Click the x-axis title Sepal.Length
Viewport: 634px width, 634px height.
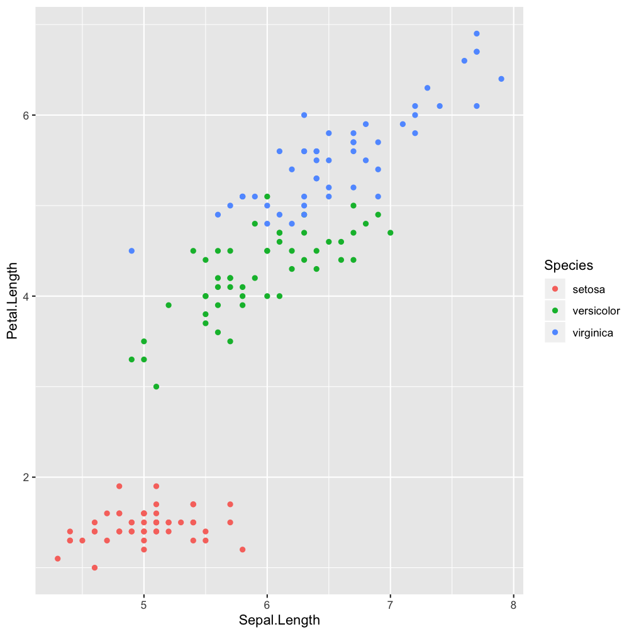[279, 620]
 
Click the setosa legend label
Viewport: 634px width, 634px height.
[589, 289]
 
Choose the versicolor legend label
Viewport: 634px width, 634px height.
[596, 311]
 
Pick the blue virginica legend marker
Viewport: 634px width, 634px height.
[555, 333]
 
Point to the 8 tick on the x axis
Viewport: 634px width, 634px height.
[513, 605]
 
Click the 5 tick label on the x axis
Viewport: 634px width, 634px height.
[144, 605]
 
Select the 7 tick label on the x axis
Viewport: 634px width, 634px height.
[390, 605]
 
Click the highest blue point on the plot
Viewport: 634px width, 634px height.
[477, 33]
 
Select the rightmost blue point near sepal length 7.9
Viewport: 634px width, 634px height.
[501, 79]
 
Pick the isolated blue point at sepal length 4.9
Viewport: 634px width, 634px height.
[131, 251]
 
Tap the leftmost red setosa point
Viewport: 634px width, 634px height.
[58, 559]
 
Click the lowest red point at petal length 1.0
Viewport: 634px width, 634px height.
[94, 567]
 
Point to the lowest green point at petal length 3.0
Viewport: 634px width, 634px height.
[156, 387]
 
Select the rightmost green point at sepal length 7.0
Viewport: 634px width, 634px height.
[391, 233]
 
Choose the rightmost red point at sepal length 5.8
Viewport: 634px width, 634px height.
[242, 550]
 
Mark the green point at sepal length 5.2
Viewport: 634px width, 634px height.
[169, 305]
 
